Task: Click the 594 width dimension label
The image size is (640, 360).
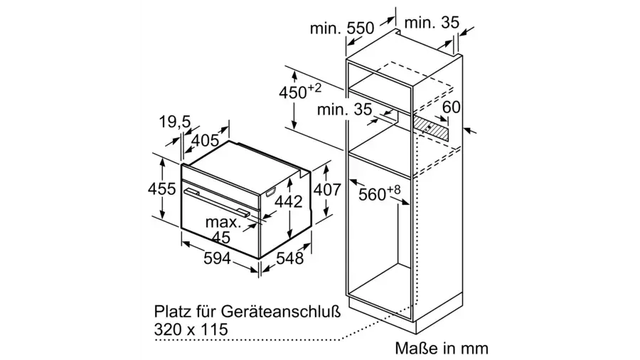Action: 217,258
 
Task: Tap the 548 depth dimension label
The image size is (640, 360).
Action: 290,258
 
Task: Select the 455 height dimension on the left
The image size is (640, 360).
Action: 161,189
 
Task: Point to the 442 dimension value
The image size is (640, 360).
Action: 288,201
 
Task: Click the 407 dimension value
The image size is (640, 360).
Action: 327,190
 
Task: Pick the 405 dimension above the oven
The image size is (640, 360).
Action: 205,141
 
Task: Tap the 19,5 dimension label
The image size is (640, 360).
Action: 175,121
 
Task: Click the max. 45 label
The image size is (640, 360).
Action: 223,229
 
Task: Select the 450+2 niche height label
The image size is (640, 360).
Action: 300,92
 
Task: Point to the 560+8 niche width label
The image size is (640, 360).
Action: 380,193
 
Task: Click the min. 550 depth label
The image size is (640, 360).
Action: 341,28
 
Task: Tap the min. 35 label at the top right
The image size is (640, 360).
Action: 432,23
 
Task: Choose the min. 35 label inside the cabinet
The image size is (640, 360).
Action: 344,109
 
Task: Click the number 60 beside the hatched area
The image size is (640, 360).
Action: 451,107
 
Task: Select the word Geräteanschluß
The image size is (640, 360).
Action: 281,312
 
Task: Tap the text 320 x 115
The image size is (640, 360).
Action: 191,329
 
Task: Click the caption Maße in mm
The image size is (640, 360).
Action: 441,348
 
